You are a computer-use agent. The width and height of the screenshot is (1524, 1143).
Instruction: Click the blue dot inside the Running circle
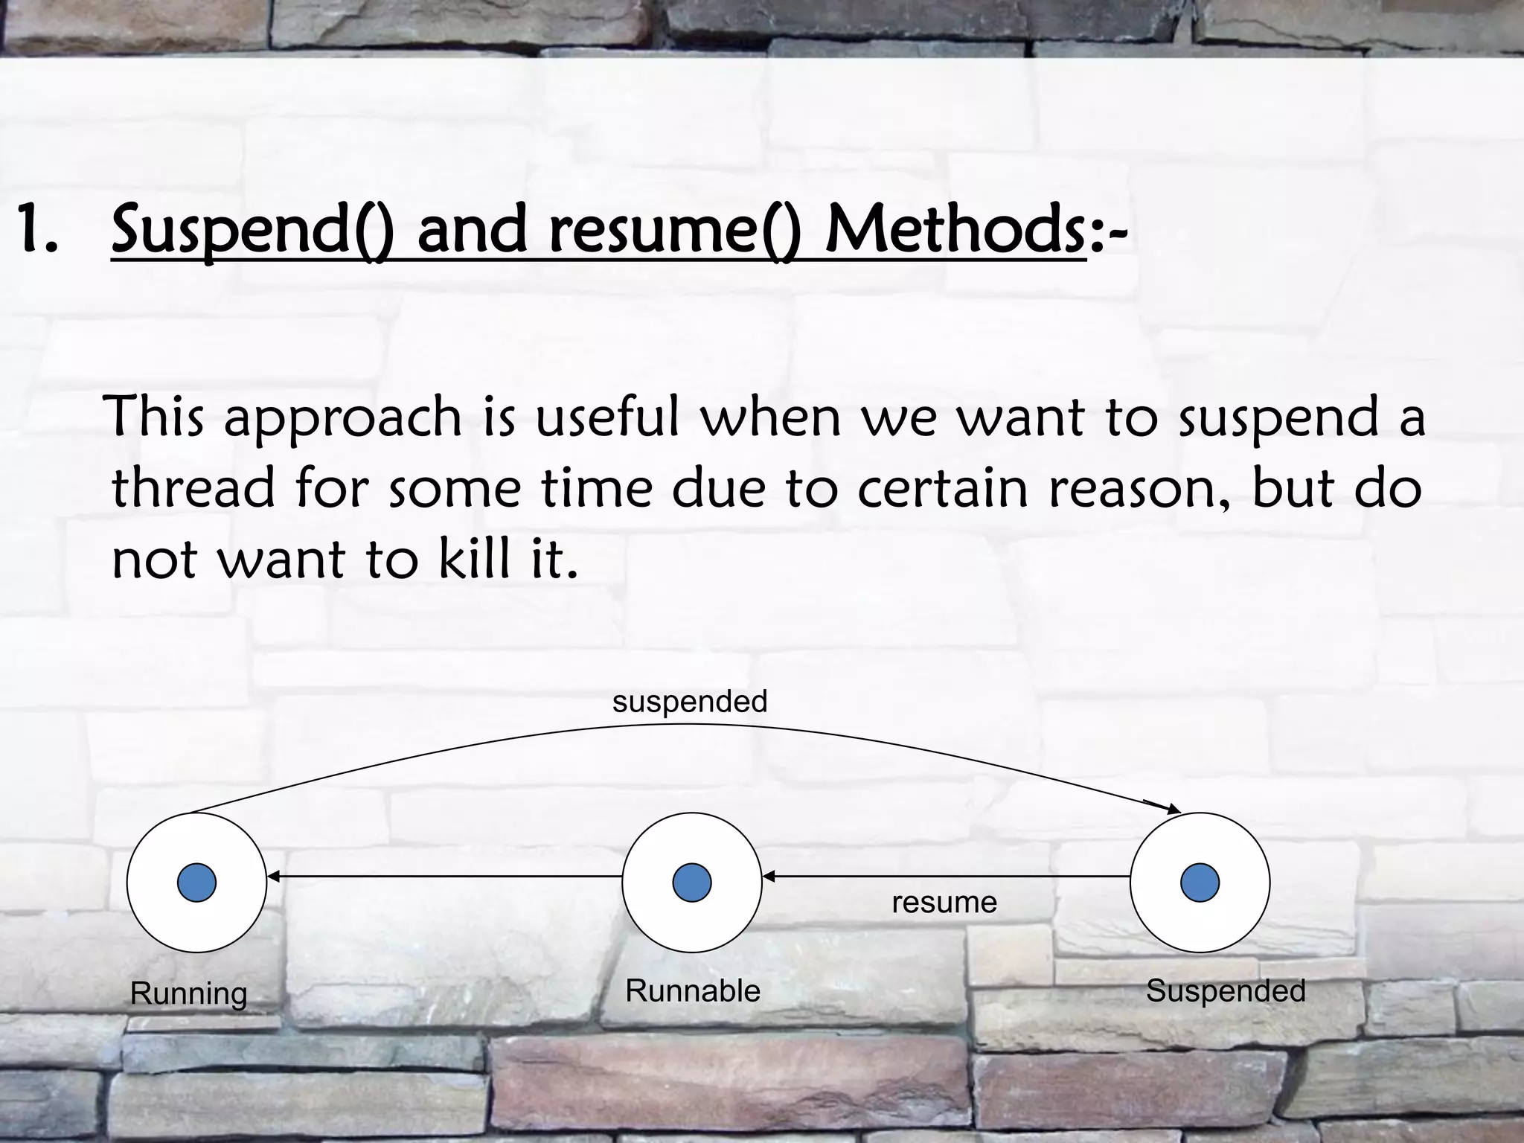pyautogui.click(x=196, y=883)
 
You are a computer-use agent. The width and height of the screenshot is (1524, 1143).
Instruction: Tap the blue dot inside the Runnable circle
pyautogui.click(x=691, y=883)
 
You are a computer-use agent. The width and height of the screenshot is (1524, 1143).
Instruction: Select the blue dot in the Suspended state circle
pyautogui.click(x=1200, y=883)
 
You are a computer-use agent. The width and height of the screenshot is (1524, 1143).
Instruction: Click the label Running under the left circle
pyautogui.click(x=189, y=993)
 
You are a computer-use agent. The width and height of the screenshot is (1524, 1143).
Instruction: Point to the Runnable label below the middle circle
pyautogui.click(x=693, y=991)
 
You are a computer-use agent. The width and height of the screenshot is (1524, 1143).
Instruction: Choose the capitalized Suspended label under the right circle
pyautogui.click(x=1226, y=991)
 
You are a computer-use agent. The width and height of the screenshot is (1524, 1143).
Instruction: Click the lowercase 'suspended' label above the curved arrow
pyautogui.click(x=690, y=702)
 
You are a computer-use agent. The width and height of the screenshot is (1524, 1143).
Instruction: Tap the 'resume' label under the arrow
pyautogui.click(x=944, y=903)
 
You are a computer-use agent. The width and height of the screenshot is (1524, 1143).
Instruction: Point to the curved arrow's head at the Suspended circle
pyautogui.click(x=1173, y=809)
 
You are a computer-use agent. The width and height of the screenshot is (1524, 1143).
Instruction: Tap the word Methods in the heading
pyautogui.click(x=955, y=231)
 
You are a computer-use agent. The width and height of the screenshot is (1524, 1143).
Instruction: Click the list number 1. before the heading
pyautogui.click(x=37, y=231)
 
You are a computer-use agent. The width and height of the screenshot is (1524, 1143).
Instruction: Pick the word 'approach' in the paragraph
pyautogui.click(x=343, y=418)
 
